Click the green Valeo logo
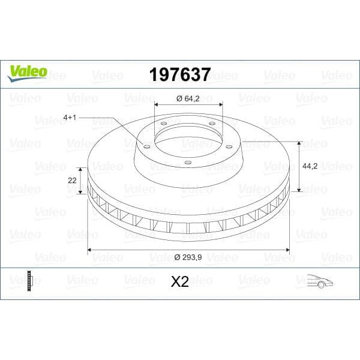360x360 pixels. coord(27,71)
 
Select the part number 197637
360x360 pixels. coord(179,75)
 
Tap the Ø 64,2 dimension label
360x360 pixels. coord(188,98)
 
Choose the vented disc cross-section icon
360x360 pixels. coord(28,281)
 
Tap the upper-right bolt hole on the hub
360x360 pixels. coord(212,124)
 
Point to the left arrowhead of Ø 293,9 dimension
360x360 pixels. coord(90,249)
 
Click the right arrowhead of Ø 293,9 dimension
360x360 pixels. coord(288,249)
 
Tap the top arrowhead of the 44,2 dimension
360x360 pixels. coord(298,143)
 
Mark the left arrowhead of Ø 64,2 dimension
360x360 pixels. coord(157,106)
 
